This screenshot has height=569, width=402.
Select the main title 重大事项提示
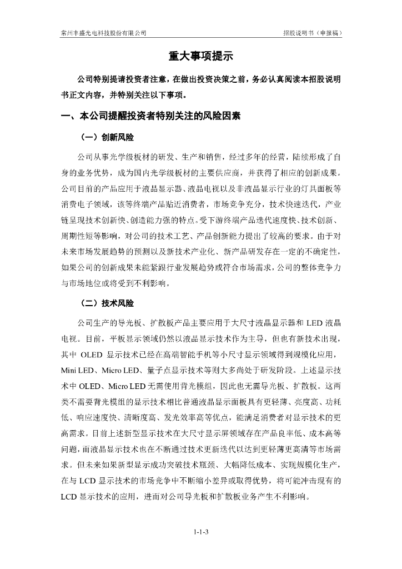coord(200,57)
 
